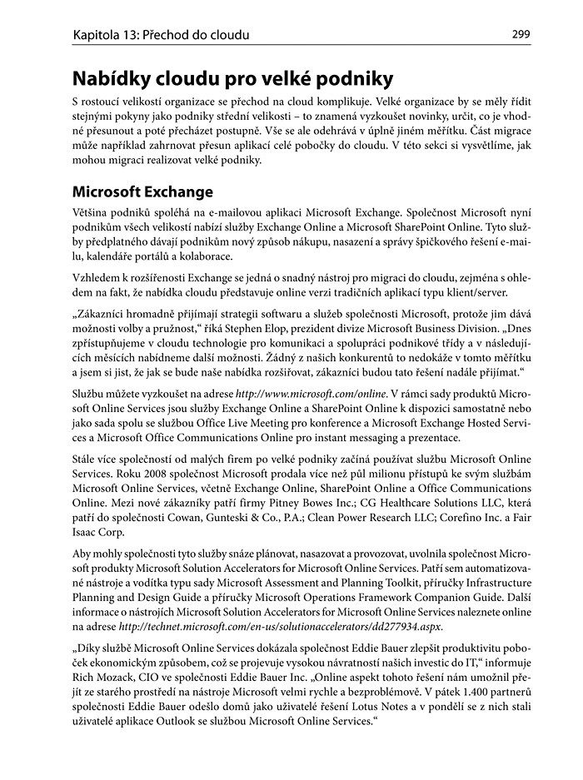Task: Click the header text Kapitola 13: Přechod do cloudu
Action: (x=161, y=35)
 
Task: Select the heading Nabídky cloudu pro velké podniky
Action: (x=232, y=81)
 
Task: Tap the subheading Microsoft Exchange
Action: (x=142, y=192)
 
